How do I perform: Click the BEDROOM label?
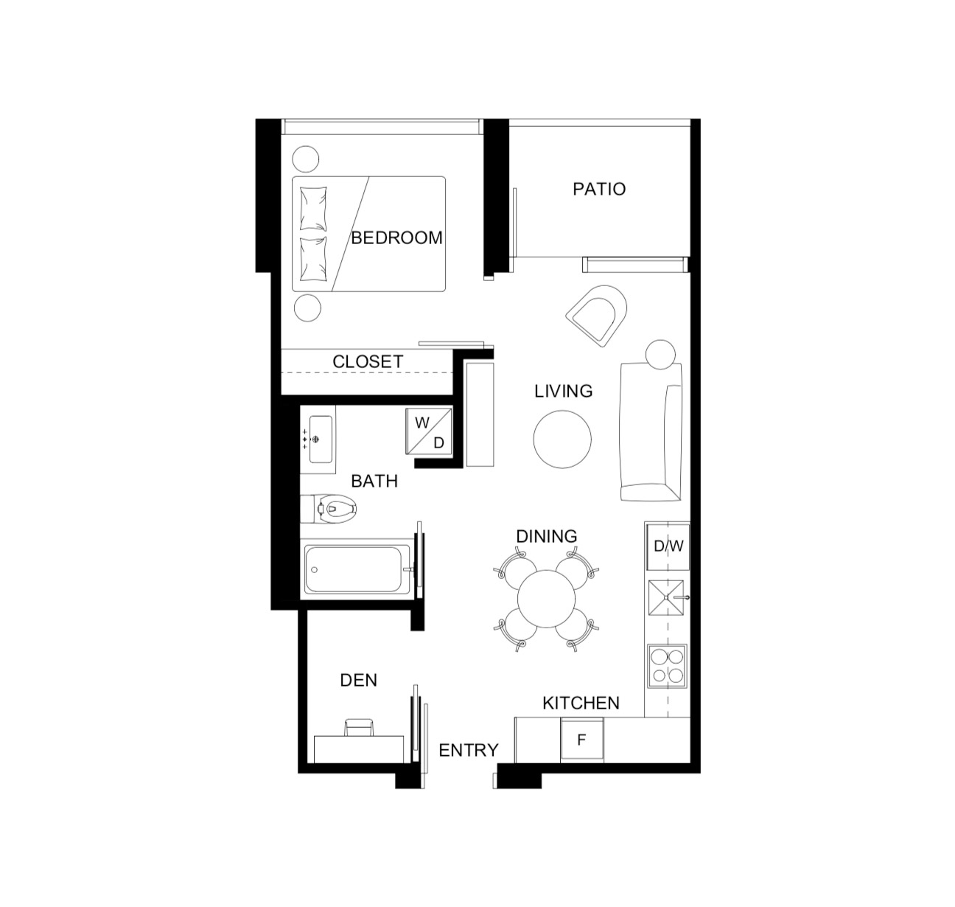[396, 237]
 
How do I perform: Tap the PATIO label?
[599, 189]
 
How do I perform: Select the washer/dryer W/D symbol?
[429, 431]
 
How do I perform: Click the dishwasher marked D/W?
[668, 546]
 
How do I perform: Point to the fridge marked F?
[582, 740]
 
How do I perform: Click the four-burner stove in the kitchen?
[668, 666]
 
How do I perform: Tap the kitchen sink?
[666, 597]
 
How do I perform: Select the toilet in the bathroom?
[329, 509]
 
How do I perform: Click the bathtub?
[357, 569]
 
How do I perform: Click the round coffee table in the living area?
[562, 439]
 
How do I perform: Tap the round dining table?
[546, 599]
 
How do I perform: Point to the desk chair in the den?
[359, 728]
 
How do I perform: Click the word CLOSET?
[368, 361]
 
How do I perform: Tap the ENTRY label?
[468, 751]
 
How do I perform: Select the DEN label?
[358, 680]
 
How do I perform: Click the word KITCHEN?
[581, 703]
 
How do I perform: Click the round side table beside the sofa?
[660, 355]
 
